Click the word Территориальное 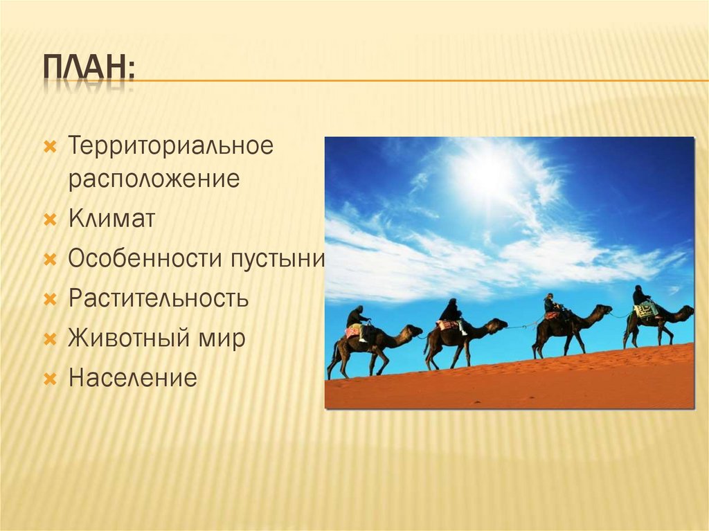click(171, 146)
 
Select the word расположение click(154, 179)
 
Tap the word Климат click(111, 218)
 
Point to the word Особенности click(145, 258)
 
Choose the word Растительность click(159, 298)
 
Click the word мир click(221, 339)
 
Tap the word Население click(133, 378)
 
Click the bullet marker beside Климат click(50, 220)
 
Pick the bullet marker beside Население click(50, 379)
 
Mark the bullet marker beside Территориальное click(50, 147)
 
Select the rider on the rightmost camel click(640, 296)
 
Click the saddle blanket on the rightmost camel click(646, 310)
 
